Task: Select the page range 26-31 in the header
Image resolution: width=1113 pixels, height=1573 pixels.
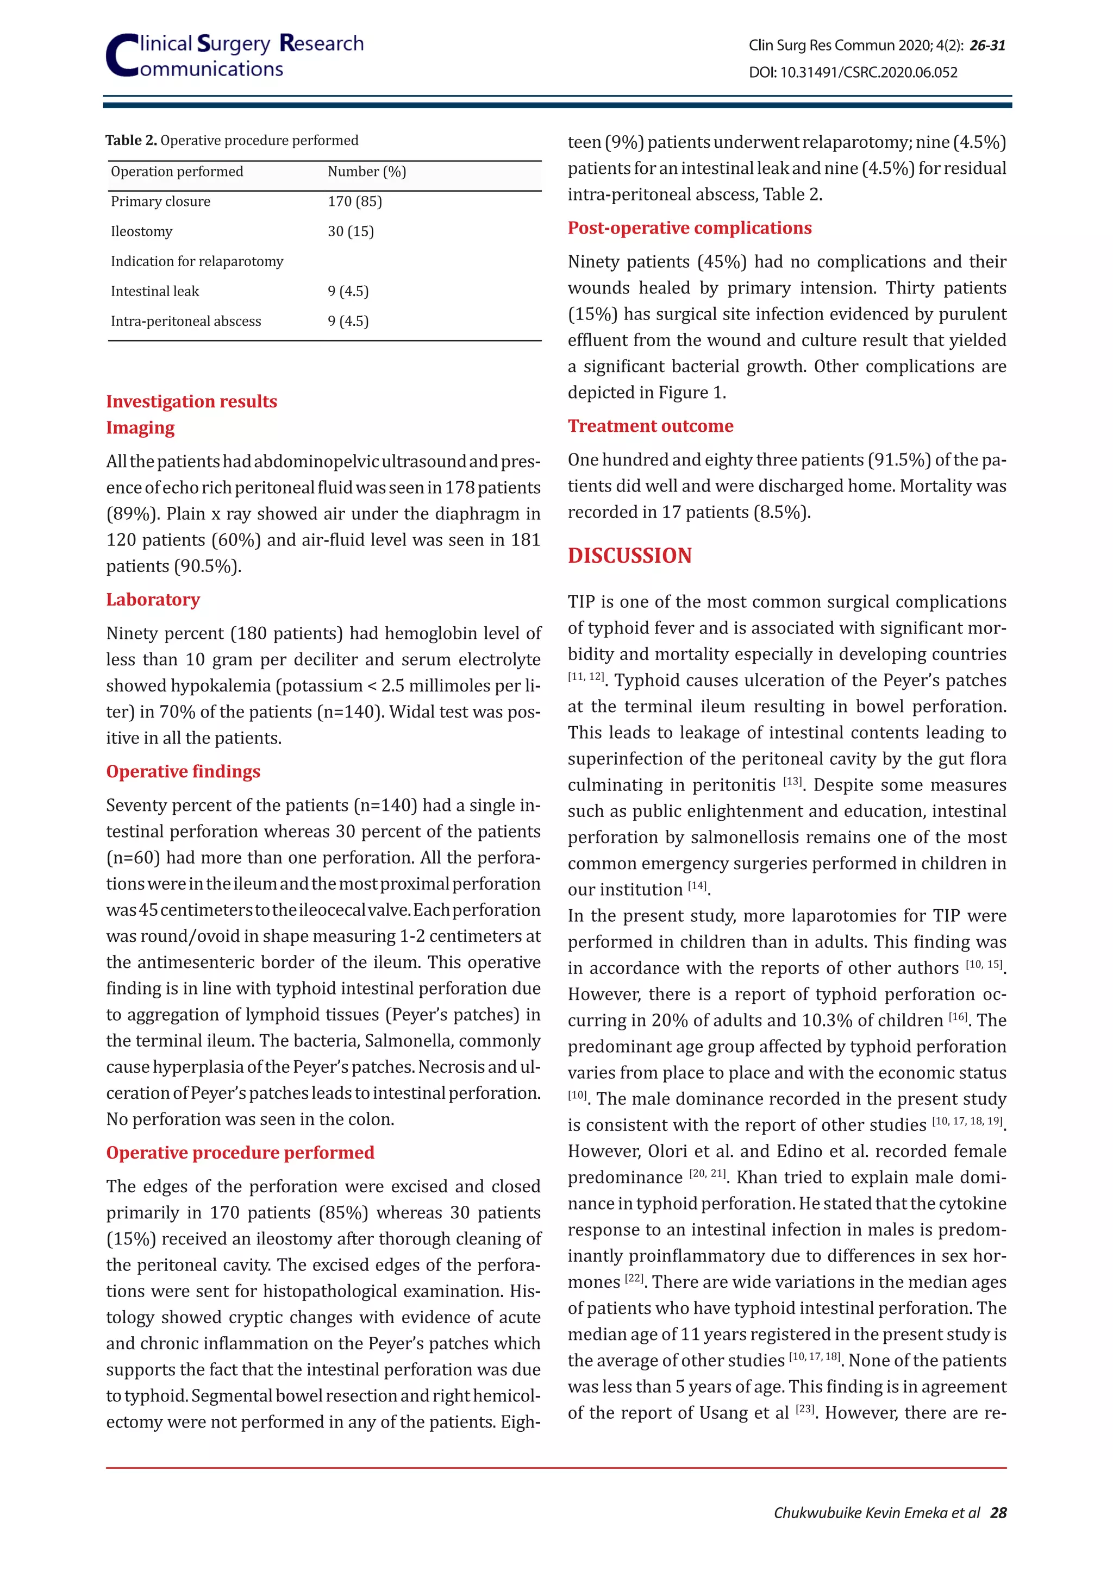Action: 987,46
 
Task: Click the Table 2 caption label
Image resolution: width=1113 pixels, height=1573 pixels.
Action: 131,141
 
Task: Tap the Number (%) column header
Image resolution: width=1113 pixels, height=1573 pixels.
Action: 367,172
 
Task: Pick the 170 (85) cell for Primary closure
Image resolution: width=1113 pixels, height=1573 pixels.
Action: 354,202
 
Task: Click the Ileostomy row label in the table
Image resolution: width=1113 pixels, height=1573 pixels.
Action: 142,231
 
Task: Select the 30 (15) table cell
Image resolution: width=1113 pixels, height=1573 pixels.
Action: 350,231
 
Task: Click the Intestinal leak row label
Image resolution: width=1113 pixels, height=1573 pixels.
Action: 155,291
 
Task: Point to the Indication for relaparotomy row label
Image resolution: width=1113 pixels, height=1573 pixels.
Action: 197,262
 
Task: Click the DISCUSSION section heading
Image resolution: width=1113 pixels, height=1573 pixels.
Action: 629,556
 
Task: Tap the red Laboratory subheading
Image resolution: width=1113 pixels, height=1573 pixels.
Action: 153,600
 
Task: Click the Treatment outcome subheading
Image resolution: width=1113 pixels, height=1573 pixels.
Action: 650,426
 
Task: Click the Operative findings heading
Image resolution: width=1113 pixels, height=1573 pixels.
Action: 183,771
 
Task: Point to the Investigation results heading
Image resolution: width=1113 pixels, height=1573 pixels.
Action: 191,401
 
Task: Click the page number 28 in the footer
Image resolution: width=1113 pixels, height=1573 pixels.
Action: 998,1513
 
